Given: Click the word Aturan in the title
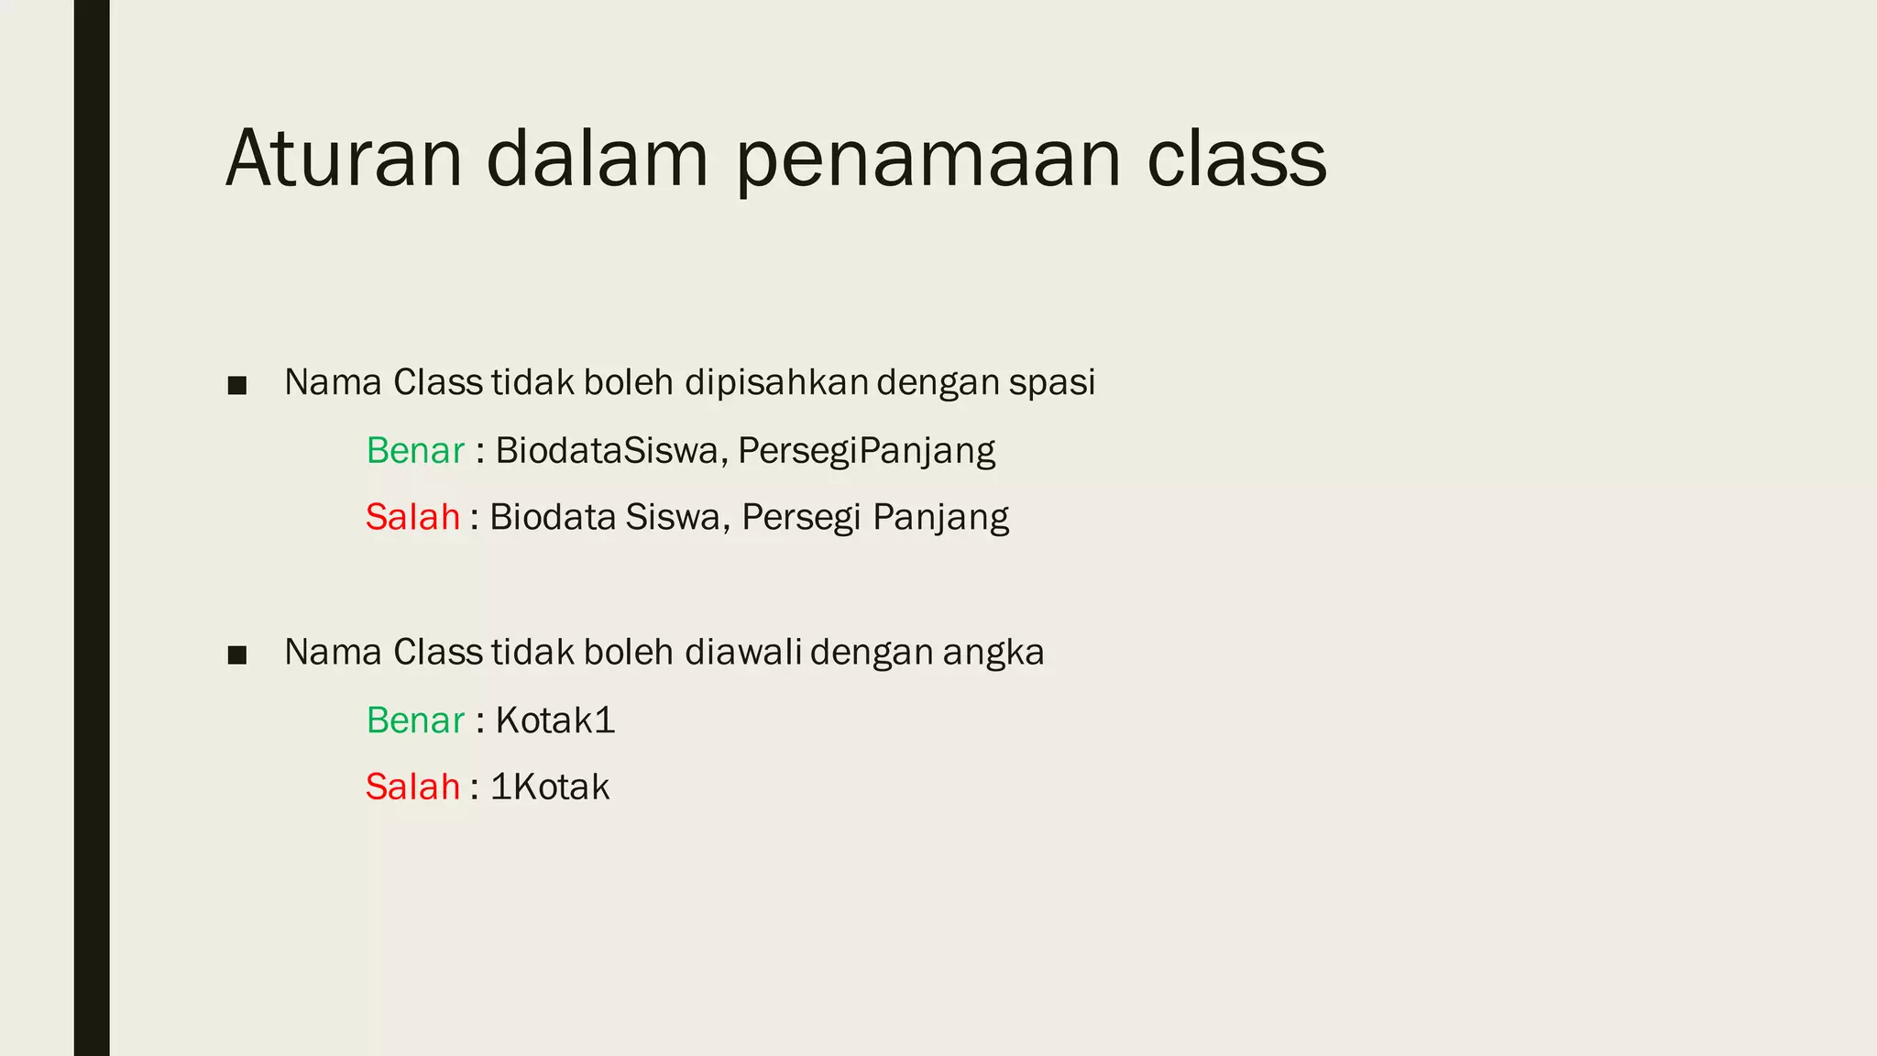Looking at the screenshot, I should pos(344,159).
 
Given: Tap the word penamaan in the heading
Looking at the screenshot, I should pos(928,160).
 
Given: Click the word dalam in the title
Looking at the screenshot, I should pos(597,159).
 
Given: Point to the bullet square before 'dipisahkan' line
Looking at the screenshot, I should pos(237,386).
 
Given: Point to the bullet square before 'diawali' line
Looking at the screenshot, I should pos(237,655).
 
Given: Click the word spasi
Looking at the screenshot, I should pos(1051,383).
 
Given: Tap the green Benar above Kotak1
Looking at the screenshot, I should pos(415,720).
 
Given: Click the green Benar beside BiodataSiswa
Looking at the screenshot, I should pos(415,451).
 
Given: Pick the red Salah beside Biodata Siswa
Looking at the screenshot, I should pos(412,517).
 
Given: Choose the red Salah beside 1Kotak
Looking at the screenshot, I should pos(412,786).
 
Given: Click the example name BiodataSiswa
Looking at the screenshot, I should pos(606,451).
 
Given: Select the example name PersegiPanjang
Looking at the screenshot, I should pos(866,451).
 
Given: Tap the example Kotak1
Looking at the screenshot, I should pos(554,720).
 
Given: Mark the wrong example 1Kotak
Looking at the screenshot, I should pos(550,786).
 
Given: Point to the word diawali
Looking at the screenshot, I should pos(742,653).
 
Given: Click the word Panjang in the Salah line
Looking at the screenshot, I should pos(940,518).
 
